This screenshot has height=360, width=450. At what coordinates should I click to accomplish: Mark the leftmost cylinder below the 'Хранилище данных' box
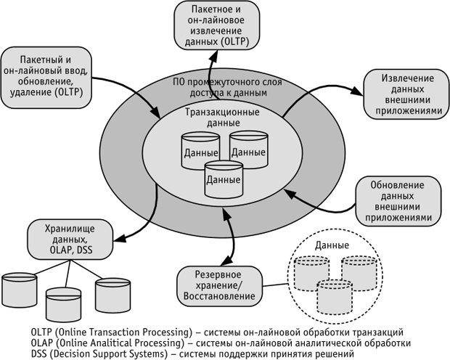click(20, 290)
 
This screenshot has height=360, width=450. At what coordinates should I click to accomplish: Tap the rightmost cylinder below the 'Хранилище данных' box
click(110, 291)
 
